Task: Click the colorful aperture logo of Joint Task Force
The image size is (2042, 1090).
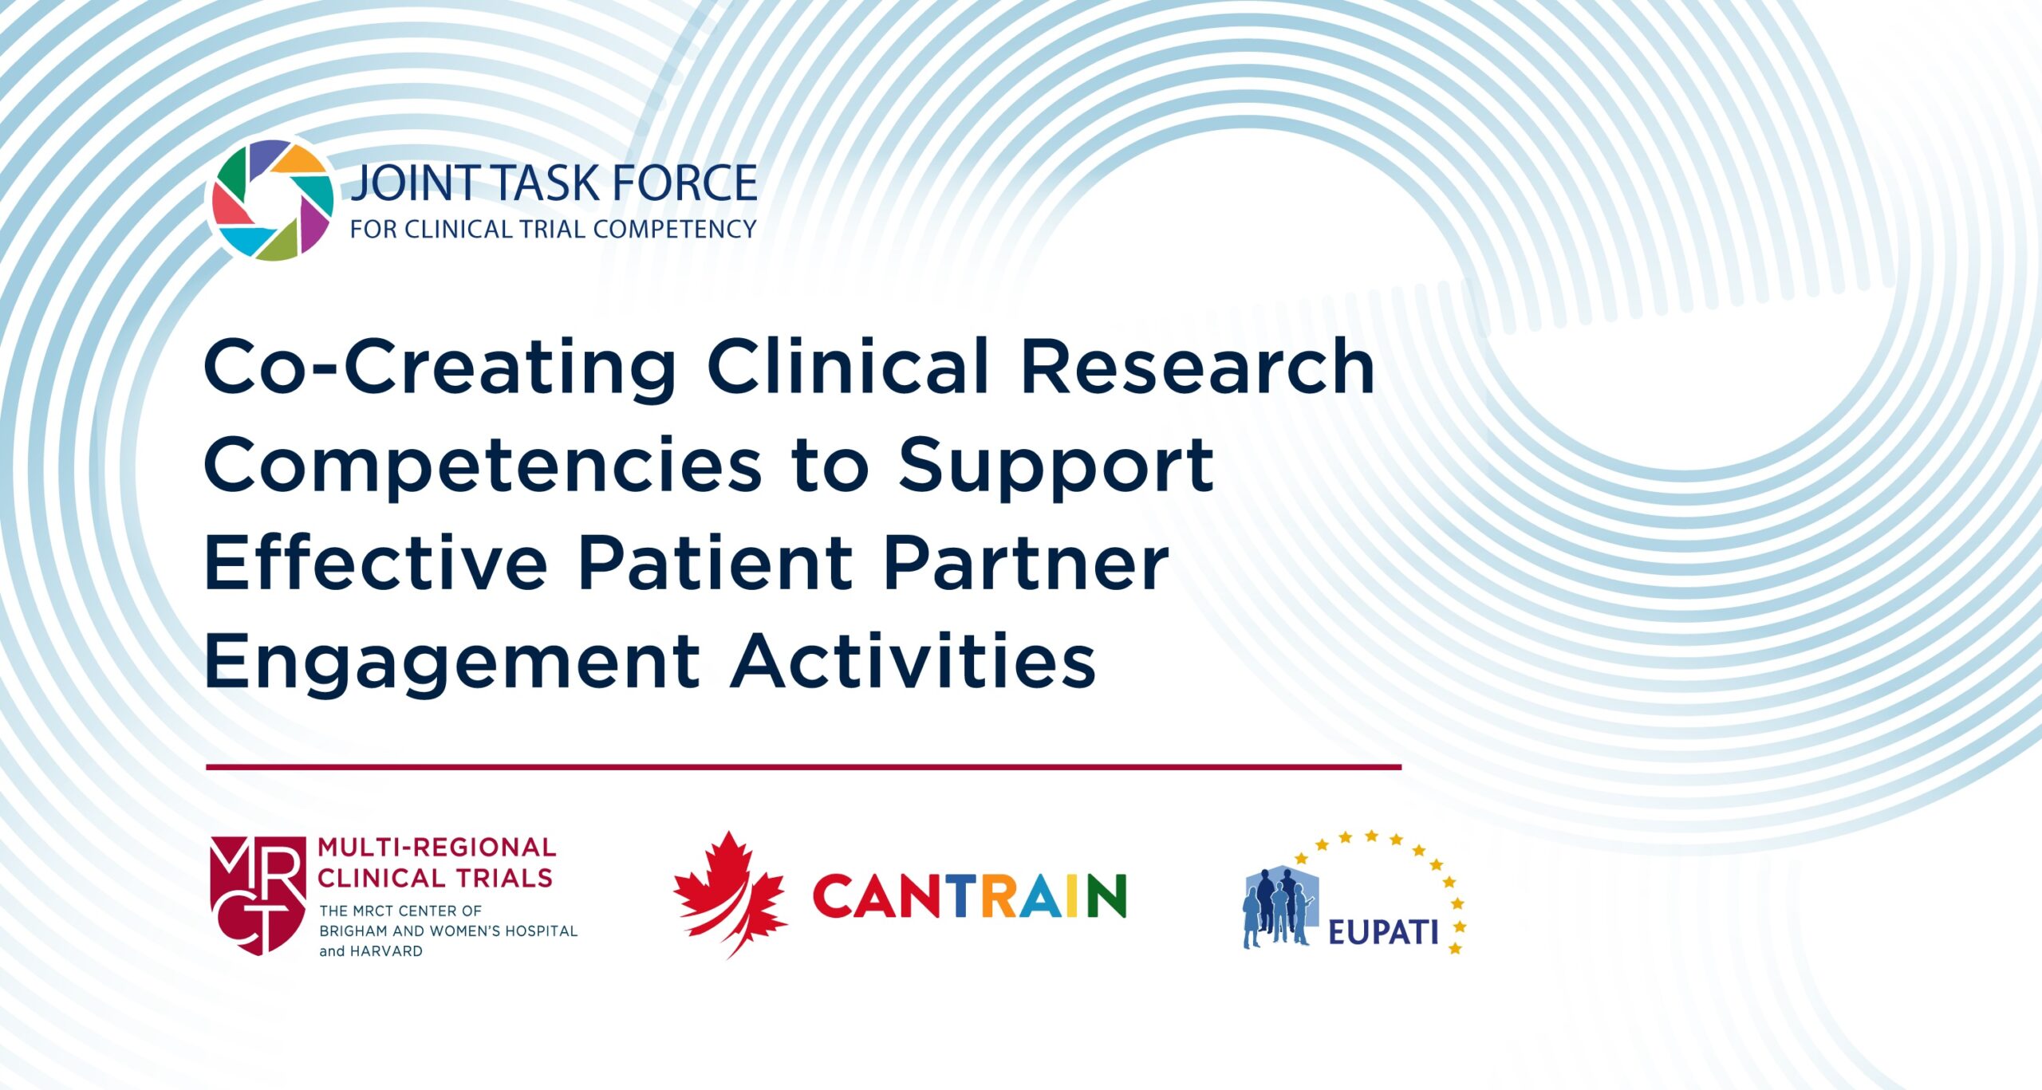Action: tap(271, 200)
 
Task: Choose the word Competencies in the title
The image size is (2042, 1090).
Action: tap(483, 466)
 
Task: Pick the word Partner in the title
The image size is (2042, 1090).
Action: tap(1026, 564)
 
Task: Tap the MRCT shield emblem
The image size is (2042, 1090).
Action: tap(258, 894)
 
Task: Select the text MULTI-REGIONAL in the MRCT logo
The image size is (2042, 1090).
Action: tap(437, 847)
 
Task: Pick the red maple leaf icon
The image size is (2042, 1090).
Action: tap(730, 894)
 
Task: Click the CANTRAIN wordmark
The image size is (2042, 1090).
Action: tap(969, 896)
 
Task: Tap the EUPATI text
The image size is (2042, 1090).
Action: tap(1382, 932)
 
